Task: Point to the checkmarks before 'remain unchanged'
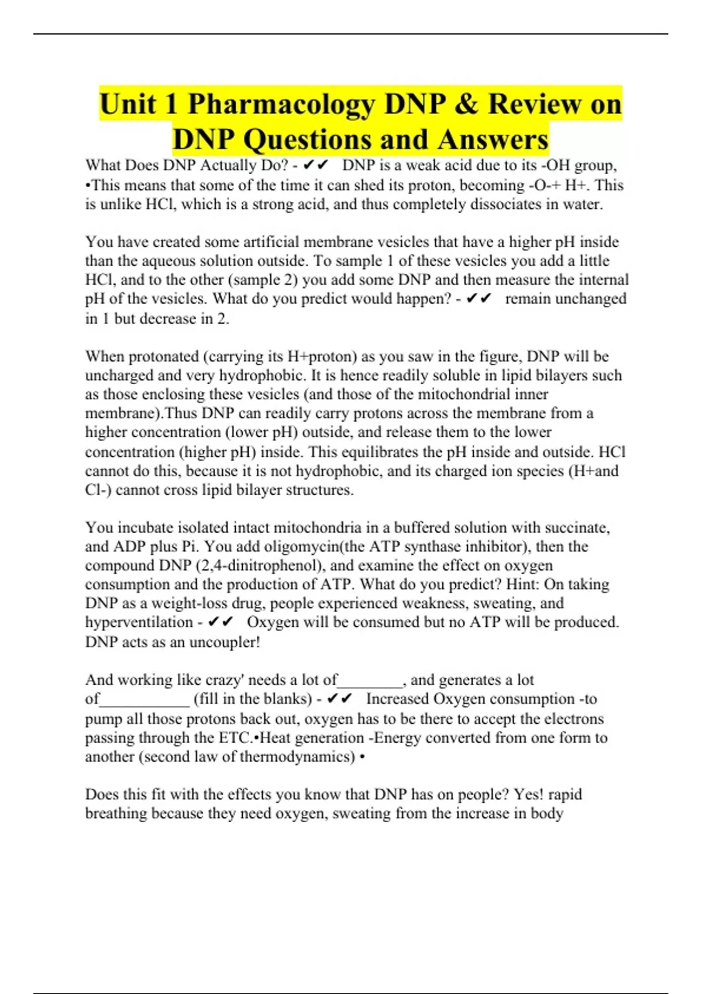coord(479,299)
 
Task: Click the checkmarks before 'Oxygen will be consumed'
coord(221,622)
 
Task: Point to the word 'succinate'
coord(576,527)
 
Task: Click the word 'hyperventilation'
coord(139,622)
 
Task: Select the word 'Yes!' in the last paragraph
coord(529,795)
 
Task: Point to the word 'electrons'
coord(568,719)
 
